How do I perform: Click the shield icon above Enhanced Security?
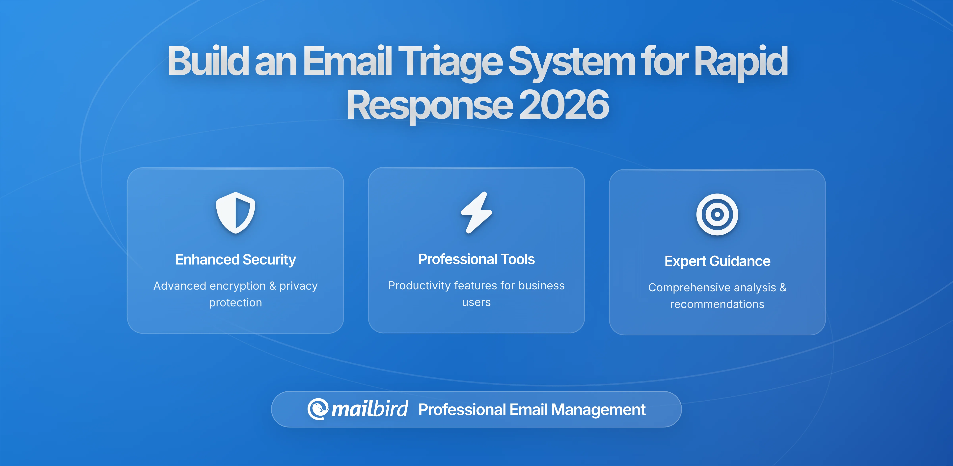click(236, 213)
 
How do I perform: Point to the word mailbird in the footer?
click(369, 409)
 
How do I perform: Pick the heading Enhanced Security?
click(236, 260)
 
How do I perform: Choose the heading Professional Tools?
click(476, 259)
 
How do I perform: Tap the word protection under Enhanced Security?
click(236, 302)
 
